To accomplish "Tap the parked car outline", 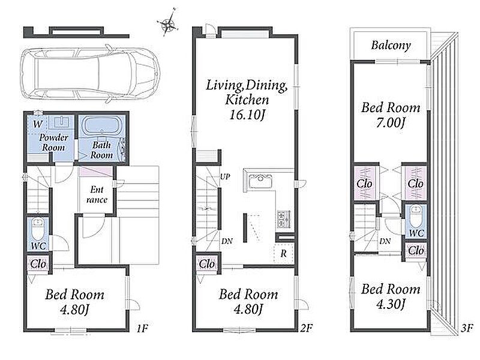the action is click(x=90, y=73).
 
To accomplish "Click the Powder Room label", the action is click(x=53, y=142).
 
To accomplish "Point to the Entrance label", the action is click(x=97, y=194).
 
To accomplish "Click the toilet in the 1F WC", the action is click(x=38, y=229).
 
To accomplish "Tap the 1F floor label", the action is click(x=142, y=329).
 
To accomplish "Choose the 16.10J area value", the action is click(x=247, y=115).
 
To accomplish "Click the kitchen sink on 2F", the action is click(x=260, y=182).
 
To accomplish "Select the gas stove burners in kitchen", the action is click(x=284, y=219).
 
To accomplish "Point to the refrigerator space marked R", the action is click(x=284, y=253).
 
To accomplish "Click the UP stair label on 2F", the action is click(x=225, y=176).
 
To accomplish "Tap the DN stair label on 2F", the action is click(x=227, y=241).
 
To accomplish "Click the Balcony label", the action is click(x=391, y=46).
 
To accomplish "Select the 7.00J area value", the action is click(x=391, y=123).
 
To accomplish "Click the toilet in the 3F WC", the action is click(x=416, y=216).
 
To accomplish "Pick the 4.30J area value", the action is click(x=391, y=304).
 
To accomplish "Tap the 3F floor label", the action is click(x=467, y=328).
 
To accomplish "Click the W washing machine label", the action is click(x=38, y=124).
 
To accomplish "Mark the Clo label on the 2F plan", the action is click(x=207, y=263).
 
